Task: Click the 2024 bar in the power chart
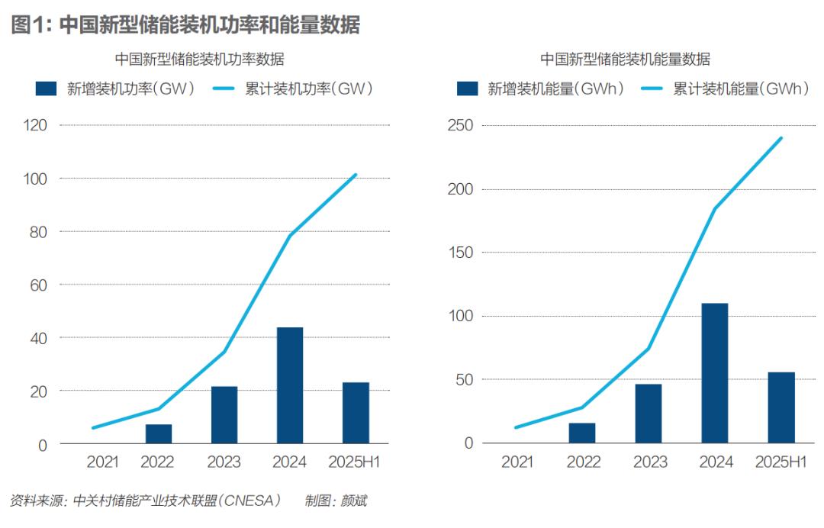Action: (x=290, y=385)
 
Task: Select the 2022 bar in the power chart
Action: (x=159, y=433)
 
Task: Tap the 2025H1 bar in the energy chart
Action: (x=781, y=407)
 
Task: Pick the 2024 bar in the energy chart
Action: (x=715, y=373)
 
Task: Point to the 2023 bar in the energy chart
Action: (x=649, y=413)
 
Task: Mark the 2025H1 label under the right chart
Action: (x=781, y=462)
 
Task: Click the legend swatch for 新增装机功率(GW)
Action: (x=47, y=89)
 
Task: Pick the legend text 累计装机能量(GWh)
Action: (x=740, y=89)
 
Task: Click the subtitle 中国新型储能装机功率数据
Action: (x=200, y=59)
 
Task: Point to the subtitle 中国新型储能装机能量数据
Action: (x=625, y=59)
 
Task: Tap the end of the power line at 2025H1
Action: (x=356, y=175)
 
